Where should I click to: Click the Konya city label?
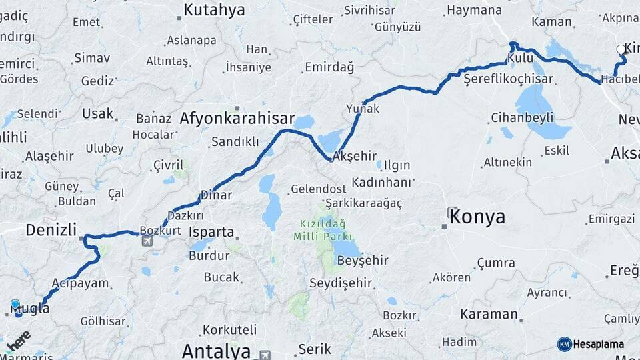(x=477, y=217)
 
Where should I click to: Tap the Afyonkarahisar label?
(x=237, y=119)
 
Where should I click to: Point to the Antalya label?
(x=216, y=351)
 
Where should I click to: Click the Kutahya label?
(x=214, y=10)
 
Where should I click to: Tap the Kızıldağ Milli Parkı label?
(x=325, y=231)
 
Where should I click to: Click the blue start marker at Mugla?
(x=15, y=305)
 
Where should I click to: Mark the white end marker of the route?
(x=621, y=49)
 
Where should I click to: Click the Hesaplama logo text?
(x=598, y=344)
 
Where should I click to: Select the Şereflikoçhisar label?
(x=509, y=79)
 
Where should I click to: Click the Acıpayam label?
(x=80, y=283)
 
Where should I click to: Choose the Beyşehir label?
(x=363, y=260)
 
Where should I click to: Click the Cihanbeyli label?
(x=522, y=118)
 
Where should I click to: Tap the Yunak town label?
(x=363, y=108)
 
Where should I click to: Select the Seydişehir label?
(x=341, y=283)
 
